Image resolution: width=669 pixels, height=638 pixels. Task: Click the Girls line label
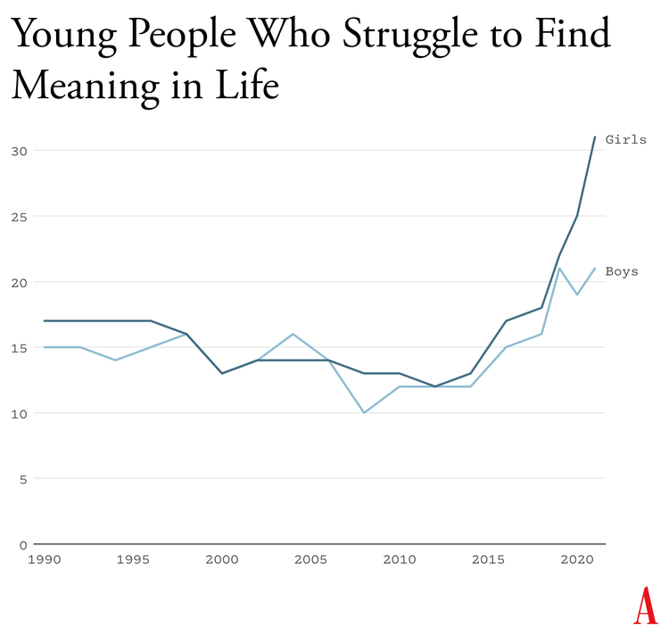[625, 139]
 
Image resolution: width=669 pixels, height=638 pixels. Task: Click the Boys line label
[622, 271]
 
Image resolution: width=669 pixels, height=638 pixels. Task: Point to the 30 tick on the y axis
[20, 151]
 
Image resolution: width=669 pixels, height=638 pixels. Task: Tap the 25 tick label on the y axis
[20, 217]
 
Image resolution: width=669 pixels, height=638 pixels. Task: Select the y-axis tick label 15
[20, 348]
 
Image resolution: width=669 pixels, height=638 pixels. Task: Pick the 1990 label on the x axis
[44, 559]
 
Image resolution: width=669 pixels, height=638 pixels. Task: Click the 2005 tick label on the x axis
[310, 559]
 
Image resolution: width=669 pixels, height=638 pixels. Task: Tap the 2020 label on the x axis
[577, 559]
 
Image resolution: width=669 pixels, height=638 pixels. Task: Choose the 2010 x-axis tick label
[400, 559]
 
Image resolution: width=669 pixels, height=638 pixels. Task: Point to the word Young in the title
[63, 36]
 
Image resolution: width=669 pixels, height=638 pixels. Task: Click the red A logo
[644, 607]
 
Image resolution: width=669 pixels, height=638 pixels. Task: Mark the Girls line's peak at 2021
[595, 137]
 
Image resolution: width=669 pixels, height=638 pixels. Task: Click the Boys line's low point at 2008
[364, 413]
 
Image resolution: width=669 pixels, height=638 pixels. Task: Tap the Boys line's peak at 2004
[293, 334]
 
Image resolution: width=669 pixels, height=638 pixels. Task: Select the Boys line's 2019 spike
[559, 269]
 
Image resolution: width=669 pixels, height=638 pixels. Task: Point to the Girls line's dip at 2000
[222, 373]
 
